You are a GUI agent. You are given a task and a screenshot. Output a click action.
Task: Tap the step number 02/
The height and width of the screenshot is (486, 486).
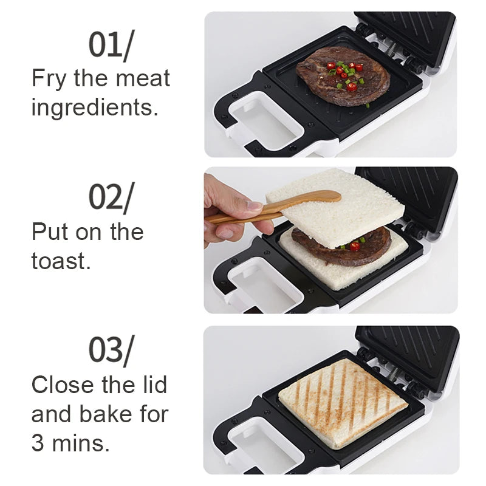[111, 197]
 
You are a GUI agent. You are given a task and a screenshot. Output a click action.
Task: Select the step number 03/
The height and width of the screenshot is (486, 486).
[111, 351]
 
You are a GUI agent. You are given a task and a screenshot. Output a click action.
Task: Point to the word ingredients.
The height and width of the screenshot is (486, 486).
[94, 108]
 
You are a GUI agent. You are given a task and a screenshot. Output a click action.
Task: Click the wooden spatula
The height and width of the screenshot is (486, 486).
[286, 207]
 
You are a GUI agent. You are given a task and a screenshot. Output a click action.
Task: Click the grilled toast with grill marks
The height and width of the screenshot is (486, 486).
[343, 402]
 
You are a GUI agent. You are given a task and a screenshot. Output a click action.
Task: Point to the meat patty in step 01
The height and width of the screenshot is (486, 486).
[343, 76]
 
